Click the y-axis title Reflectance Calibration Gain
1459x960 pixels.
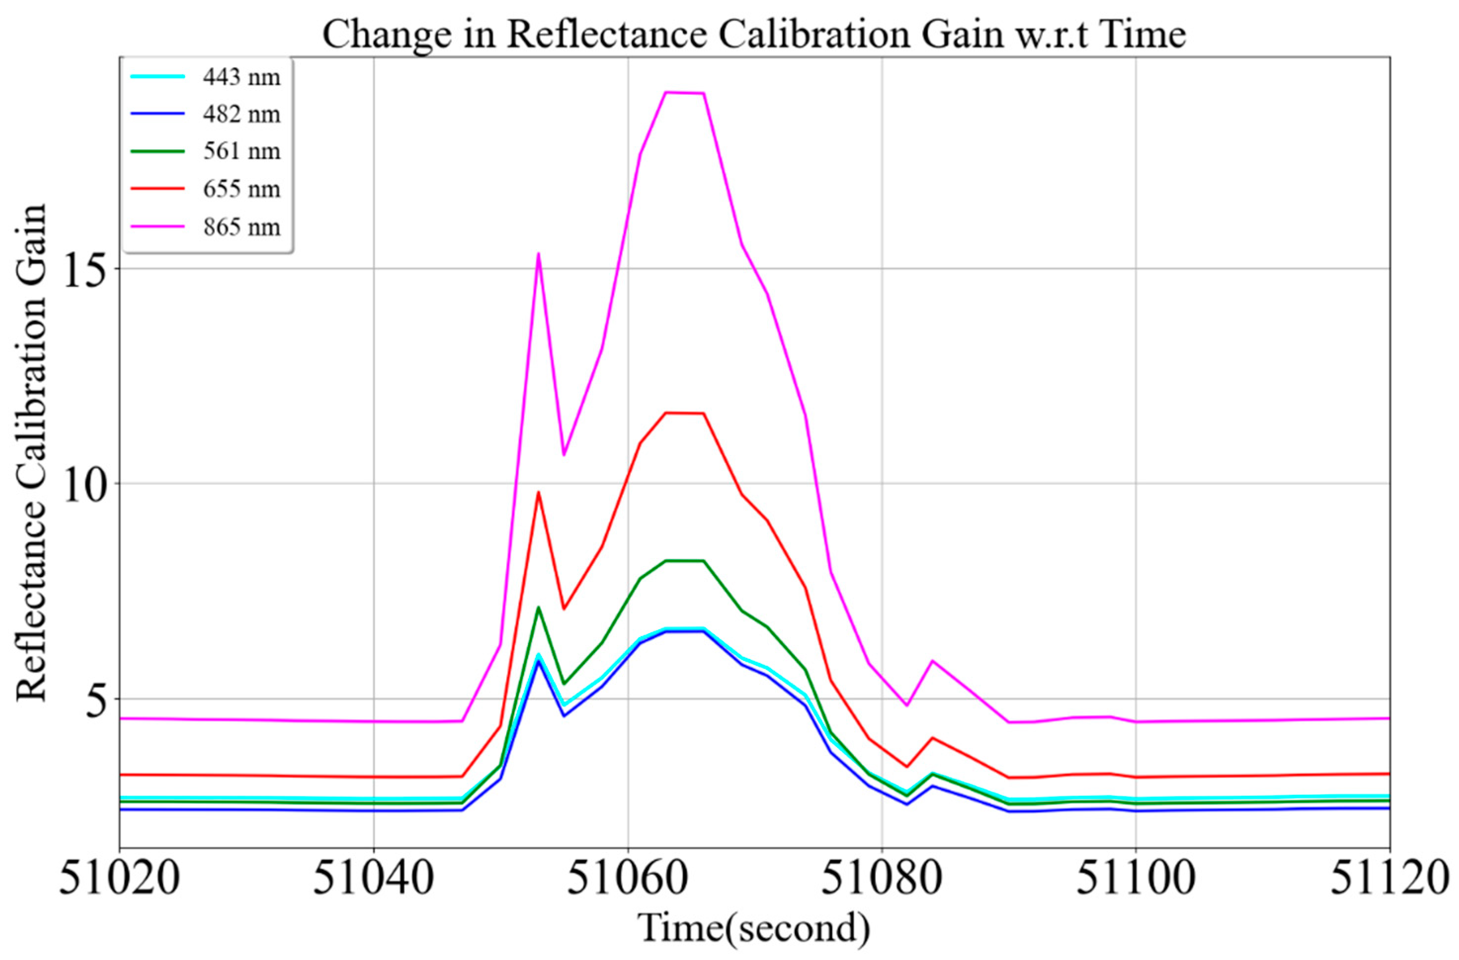[31, 452]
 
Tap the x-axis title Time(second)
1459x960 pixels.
[754, 927]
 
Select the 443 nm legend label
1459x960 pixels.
[242, 77]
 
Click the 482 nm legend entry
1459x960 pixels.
[242, 114]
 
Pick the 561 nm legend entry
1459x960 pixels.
[242, 151]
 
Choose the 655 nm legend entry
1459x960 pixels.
[242, 189]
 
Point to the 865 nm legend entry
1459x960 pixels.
[242, 227]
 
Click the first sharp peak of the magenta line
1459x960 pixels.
[538, 253]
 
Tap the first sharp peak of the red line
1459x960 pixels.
[538, 492]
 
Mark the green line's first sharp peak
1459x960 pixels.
[538, 607]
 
